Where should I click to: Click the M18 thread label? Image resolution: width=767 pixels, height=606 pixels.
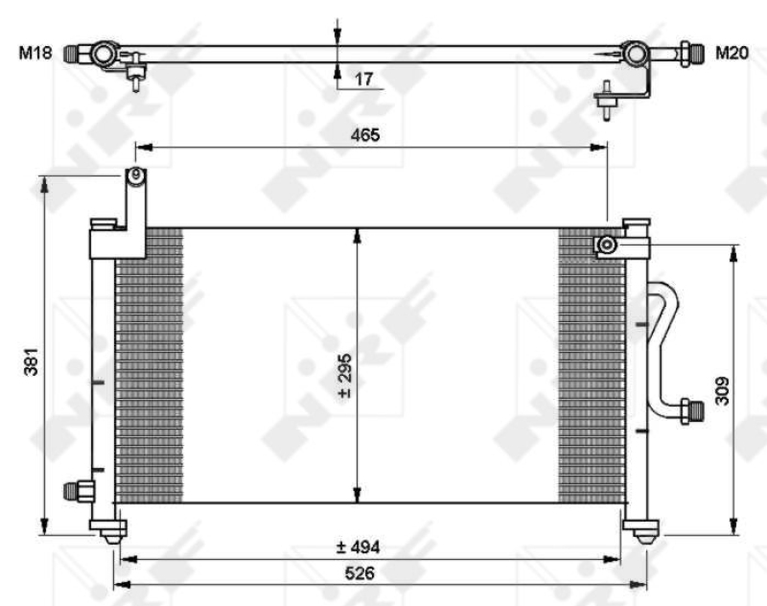35,53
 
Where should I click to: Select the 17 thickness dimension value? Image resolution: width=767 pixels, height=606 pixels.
363,79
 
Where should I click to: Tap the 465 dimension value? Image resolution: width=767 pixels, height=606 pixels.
365,135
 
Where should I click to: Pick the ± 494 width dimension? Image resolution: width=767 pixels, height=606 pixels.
358,548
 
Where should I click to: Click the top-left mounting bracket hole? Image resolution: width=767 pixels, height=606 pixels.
136,175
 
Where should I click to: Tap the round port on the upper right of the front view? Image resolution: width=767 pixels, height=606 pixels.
606,246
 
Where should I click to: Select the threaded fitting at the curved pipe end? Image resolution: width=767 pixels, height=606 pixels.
689,410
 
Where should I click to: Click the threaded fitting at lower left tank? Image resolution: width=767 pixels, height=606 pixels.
77,490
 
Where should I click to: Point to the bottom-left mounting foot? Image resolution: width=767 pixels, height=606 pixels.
108,529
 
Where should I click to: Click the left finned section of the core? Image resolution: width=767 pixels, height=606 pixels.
149,364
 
